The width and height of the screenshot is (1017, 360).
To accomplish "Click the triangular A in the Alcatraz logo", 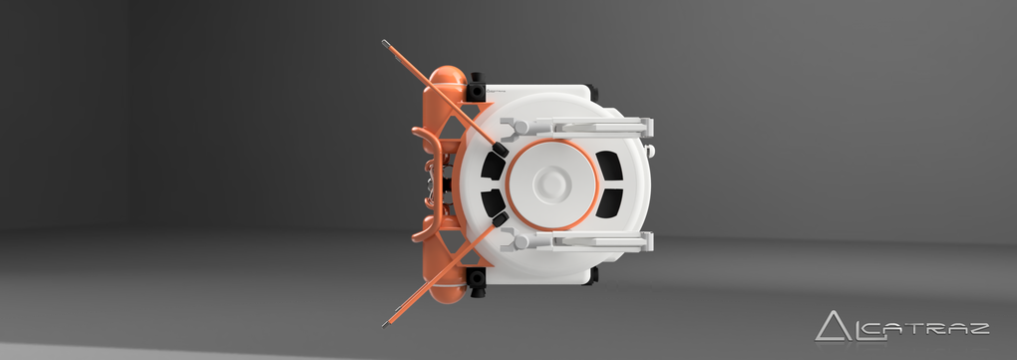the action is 834,327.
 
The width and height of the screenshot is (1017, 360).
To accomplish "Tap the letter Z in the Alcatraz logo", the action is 977,328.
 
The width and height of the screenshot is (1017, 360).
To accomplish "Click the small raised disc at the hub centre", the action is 552,182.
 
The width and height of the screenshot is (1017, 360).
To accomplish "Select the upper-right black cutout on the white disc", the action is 609,167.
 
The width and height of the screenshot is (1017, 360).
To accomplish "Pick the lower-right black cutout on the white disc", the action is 609,202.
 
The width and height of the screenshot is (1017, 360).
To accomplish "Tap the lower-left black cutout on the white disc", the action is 493,201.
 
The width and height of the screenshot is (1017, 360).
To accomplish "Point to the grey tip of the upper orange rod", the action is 386,44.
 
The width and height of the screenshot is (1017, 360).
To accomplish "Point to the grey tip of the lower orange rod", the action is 386,322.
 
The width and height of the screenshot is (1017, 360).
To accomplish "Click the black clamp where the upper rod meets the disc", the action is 501,150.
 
